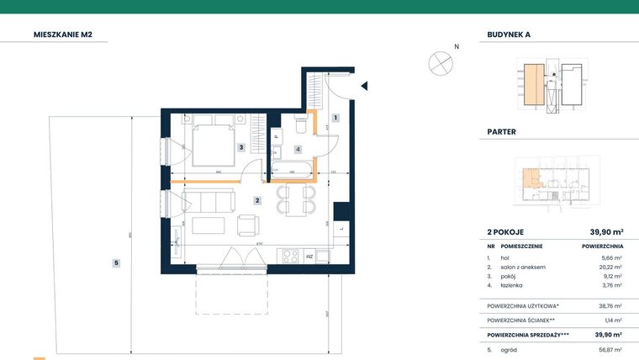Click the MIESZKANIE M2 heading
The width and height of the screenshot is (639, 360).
coord(68,35)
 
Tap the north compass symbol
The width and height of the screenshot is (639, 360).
coord(440,62)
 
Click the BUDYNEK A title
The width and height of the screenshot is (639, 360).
coord(509,35)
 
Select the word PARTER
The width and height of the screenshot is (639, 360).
coord(501,132)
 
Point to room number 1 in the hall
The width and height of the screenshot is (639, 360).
coord(335,118)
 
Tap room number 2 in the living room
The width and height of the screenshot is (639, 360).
coord(258,200)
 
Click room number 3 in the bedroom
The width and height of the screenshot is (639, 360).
coord(241,148)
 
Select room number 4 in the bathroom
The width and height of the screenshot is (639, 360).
coord(297,149)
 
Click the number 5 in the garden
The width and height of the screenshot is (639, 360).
coord(116,263)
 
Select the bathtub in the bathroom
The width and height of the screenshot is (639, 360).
coord(291,173)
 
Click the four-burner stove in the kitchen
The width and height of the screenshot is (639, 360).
coord(290,254)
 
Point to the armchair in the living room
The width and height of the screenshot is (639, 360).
coord(249,225)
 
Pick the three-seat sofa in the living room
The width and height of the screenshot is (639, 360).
coord(208,201)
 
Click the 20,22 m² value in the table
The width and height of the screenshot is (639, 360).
coord(610,267)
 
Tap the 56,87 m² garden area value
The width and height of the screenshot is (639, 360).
coord(610,349)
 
